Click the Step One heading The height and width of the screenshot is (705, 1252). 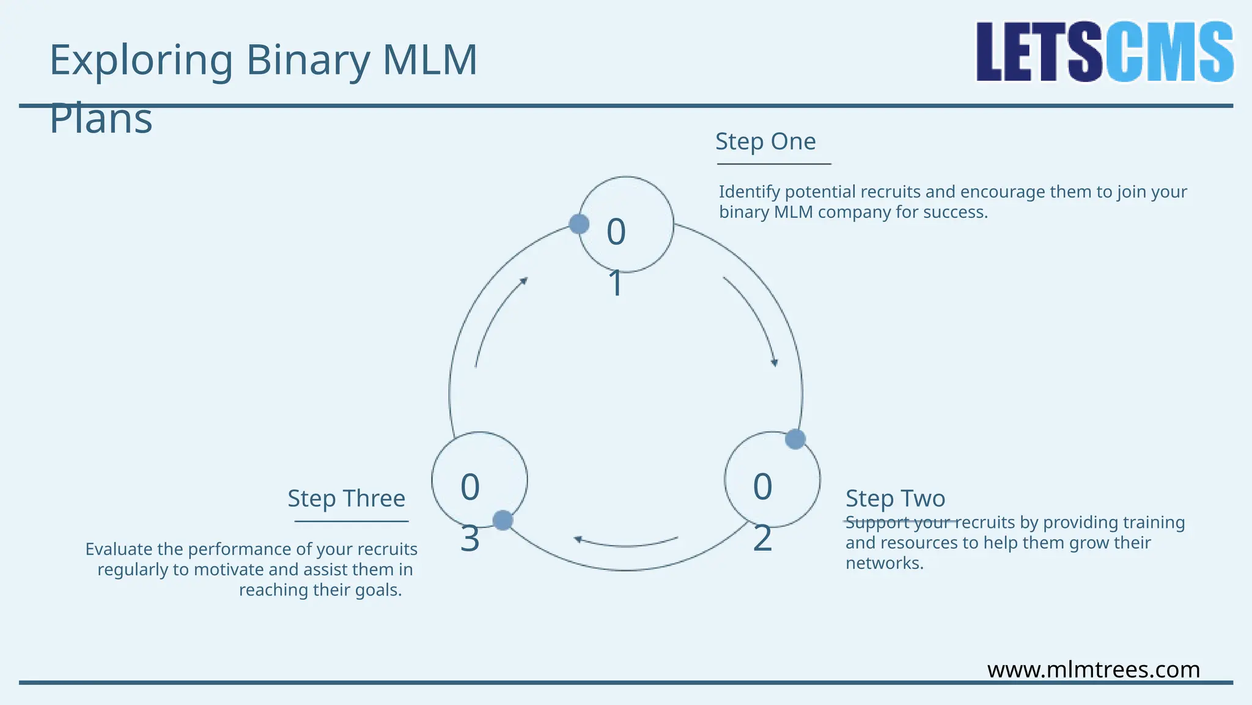pos(765,142)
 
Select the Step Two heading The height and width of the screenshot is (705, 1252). pos(895,499)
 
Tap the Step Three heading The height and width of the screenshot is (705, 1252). pos(346,499)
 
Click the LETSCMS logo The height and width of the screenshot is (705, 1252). pos(1104,52)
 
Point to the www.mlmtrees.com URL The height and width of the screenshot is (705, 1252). pos(1093,670)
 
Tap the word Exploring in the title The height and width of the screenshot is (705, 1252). pos(141,61)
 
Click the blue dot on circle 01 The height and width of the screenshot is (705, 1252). pos(579,224)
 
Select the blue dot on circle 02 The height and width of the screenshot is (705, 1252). pos(795,439)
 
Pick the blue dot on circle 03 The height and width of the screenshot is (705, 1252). pos(503,521)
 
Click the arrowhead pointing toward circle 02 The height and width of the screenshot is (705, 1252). pos(775,363)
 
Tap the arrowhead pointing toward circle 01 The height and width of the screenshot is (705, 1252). pos(524,281)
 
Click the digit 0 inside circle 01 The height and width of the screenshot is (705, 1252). pos(616,232)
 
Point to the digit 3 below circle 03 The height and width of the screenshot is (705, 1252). pos(469,539)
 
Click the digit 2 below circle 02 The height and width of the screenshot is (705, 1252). pos(762,539)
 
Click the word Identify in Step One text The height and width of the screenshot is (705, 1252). pos(749,192)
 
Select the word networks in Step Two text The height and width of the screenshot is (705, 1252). pos(883,564)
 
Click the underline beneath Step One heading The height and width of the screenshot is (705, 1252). pos(774,164)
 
